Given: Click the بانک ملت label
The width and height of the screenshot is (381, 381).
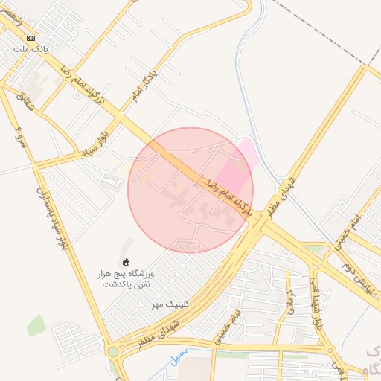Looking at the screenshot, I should tap(30, 49).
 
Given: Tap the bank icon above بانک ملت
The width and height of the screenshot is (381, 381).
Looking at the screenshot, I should tap(31, 38).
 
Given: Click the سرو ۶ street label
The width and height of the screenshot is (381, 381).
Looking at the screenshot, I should tap(22, 137).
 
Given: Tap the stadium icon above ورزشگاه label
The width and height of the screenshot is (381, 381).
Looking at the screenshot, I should tap(126, 262).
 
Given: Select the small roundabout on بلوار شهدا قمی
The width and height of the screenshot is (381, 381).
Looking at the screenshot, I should tap(330, 350).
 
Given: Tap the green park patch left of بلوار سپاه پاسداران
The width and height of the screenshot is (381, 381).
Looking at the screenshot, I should tap(34, 324).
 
